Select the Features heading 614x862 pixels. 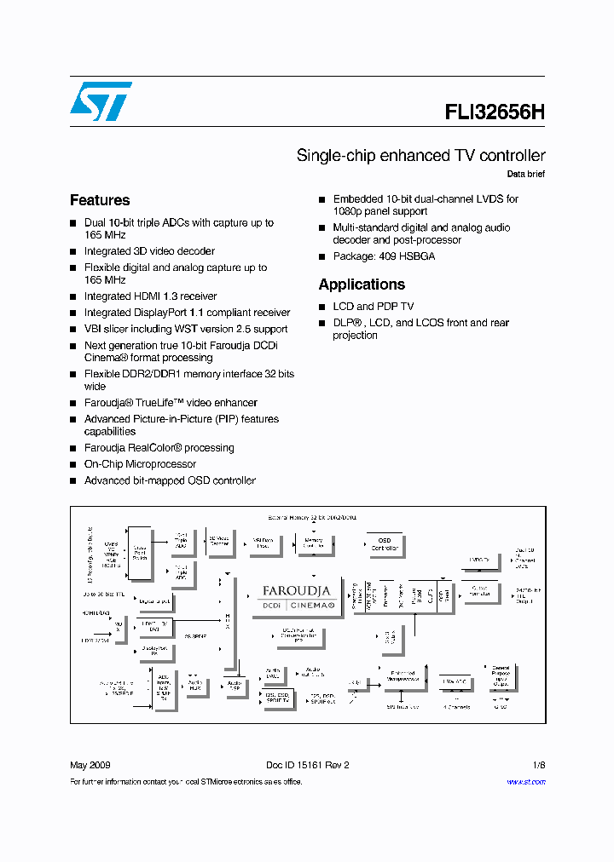(100, 200)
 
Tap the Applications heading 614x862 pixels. (362, 284)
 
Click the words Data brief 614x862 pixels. (525, 174)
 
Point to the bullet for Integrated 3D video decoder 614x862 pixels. (73, 252)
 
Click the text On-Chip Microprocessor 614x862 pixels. (140, 464)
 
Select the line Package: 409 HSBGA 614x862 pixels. (384, 256)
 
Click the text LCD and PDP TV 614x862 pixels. (374, 307)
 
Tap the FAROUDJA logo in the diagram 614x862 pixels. (296, 590)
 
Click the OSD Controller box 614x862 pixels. (385, 543)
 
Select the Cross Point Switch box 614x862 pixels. (140, 550)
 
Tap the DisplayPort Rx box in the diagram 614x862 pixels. (154, 652)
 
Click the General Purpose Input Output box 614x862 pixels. (501, 678)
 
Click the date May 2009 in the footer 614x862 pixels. (90, 765)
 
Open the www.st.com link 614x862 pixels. (526, 782)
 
